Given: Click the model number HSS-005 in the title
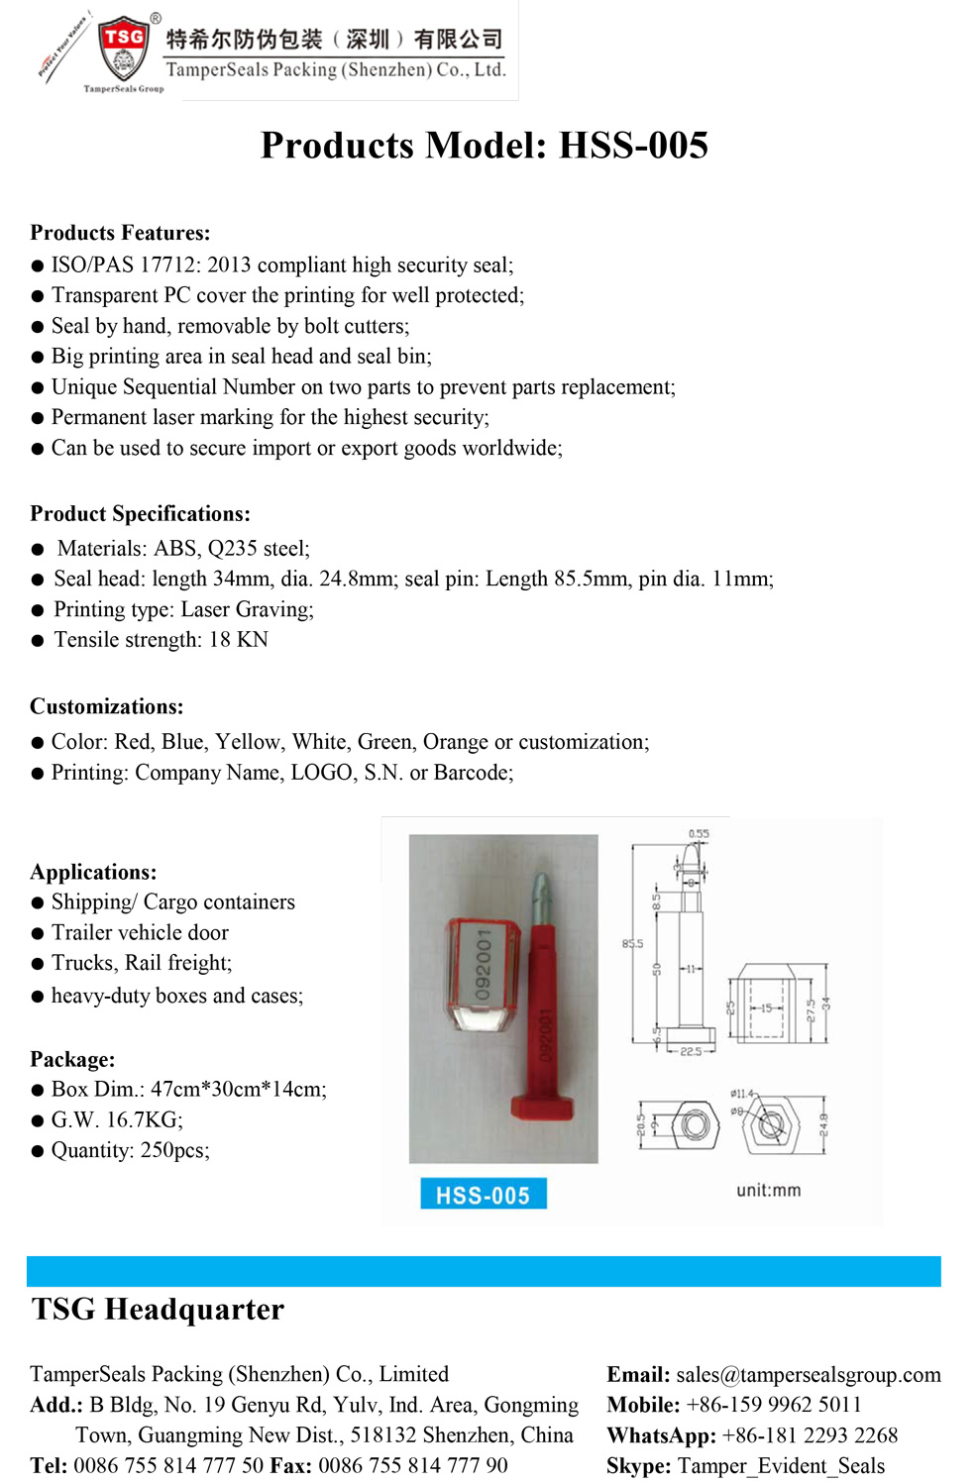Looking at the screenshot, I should pos(633,146).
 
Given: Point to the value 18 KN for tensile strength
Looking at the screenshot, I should pos(238,640).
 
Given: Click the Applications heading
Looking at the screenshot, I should pos(93,872).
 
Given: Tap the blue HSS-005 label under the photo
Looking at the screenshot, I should pos(483,1195).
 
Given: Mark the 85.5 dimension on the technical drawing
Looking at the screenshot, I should pos(632,944).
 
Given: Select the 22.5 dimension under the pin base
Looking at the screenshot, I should pos(690,1052).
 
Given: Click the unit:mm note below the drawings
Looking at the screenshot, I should pos(768,1191).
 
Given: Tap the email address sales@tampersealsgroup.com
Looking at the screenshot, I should pos(808,1375).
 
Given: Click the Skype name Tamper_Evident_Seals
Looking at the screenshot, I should pos(780,1466).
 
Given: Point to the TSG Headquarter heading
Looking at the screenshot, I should pos(158,1310).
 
